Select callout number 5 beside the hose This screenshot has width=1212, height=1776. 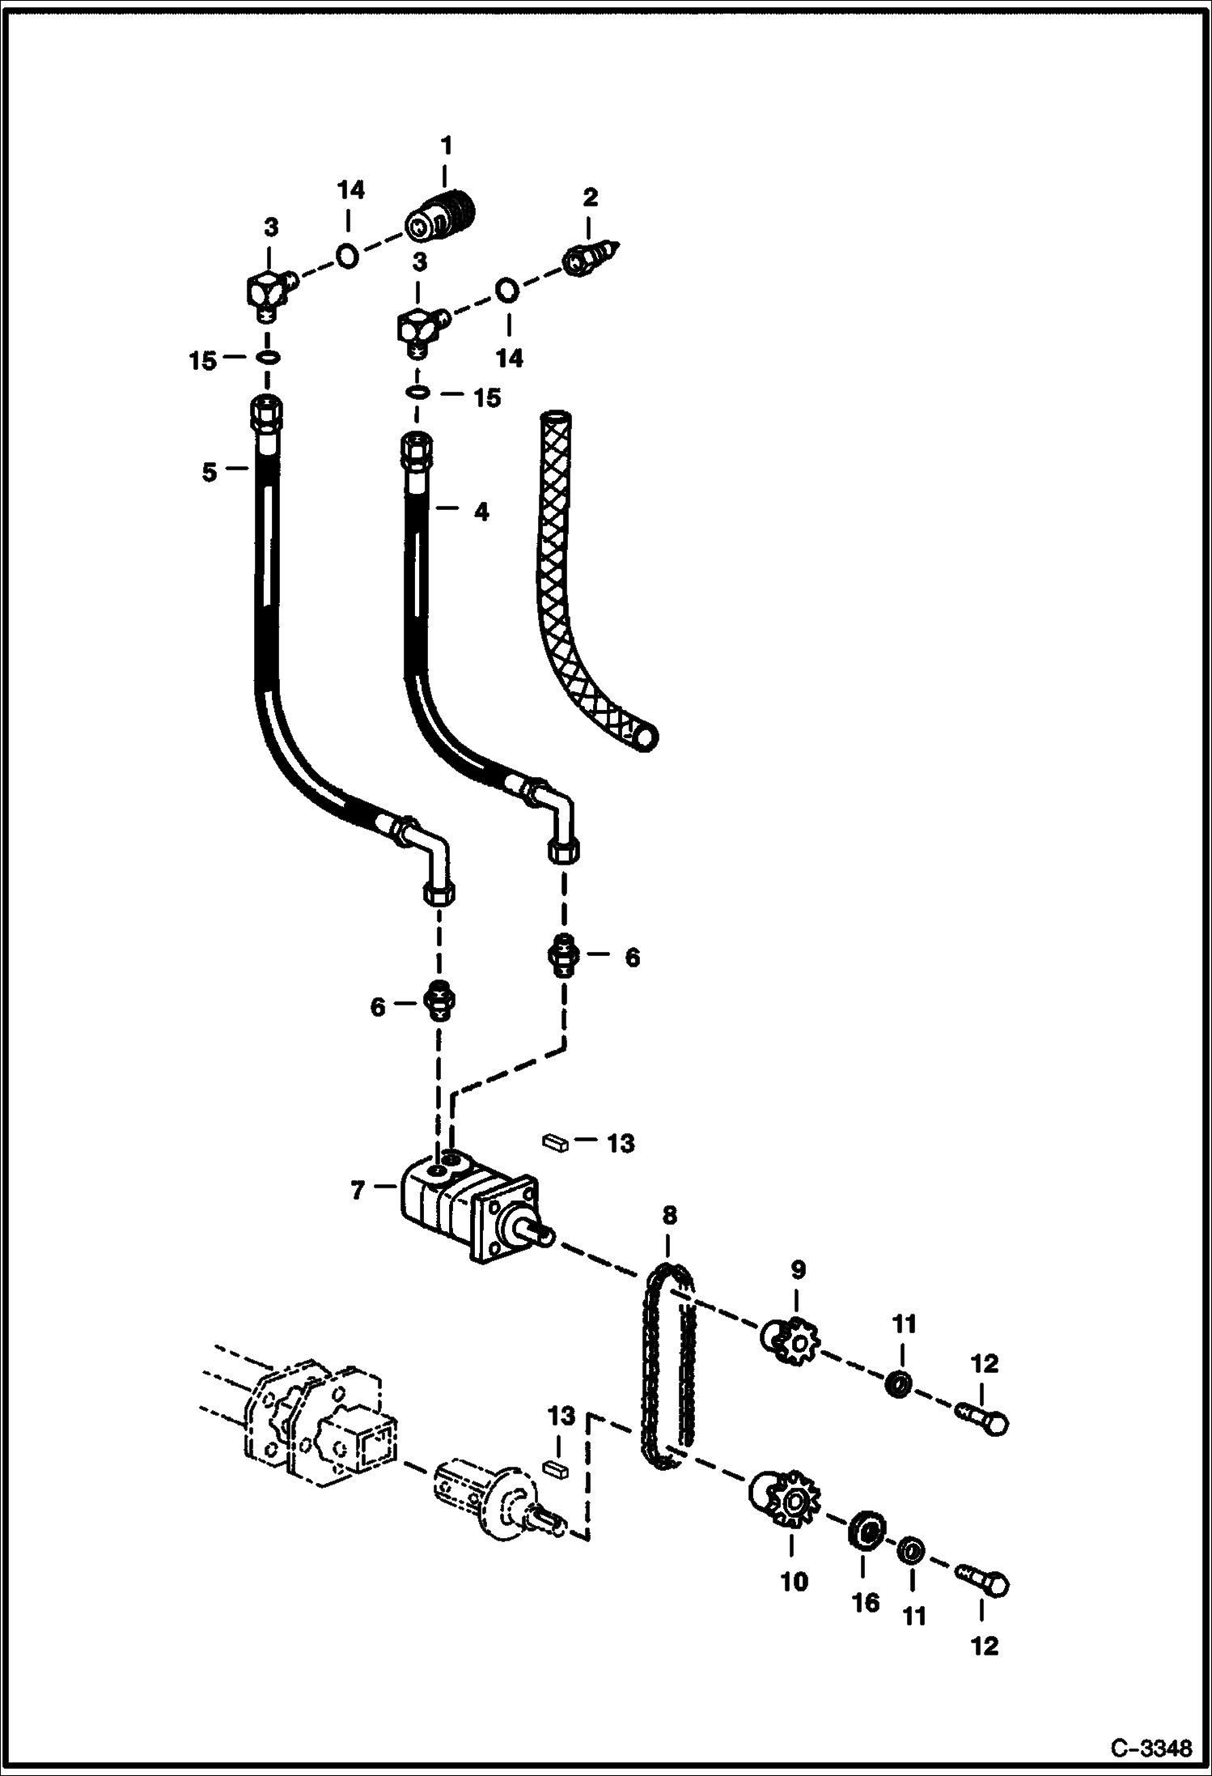210,472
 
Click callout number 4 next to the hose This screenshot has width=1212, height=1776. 481,512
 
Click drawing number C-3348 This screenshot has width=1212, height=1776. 1151,1748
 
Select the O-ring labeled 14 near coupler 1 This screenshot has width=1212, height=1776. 347,255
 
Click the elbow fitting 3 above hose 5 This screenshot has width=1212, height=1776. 268,293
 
